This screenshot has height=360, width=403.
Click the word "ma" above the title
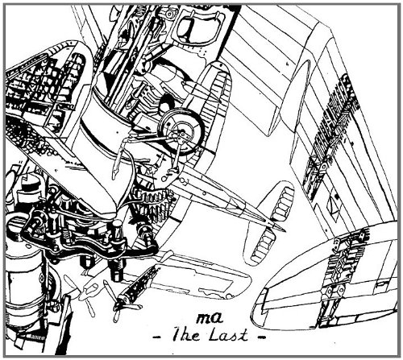(210, 319)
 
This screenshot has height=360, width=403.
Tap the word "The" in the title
(186, 335)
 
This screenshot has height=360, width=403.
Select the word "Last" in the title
(228, 335)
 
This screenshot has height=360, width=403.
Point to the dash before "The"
(158, 336)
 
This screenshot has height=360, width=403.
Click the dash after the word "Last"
(260, 336)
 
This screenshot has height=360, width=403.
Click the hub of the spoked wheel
(180, 133)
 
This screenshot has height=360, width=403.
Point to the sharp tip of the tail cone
(285, 231)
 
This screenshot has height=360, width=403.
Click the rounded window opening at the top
(195, 29)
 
